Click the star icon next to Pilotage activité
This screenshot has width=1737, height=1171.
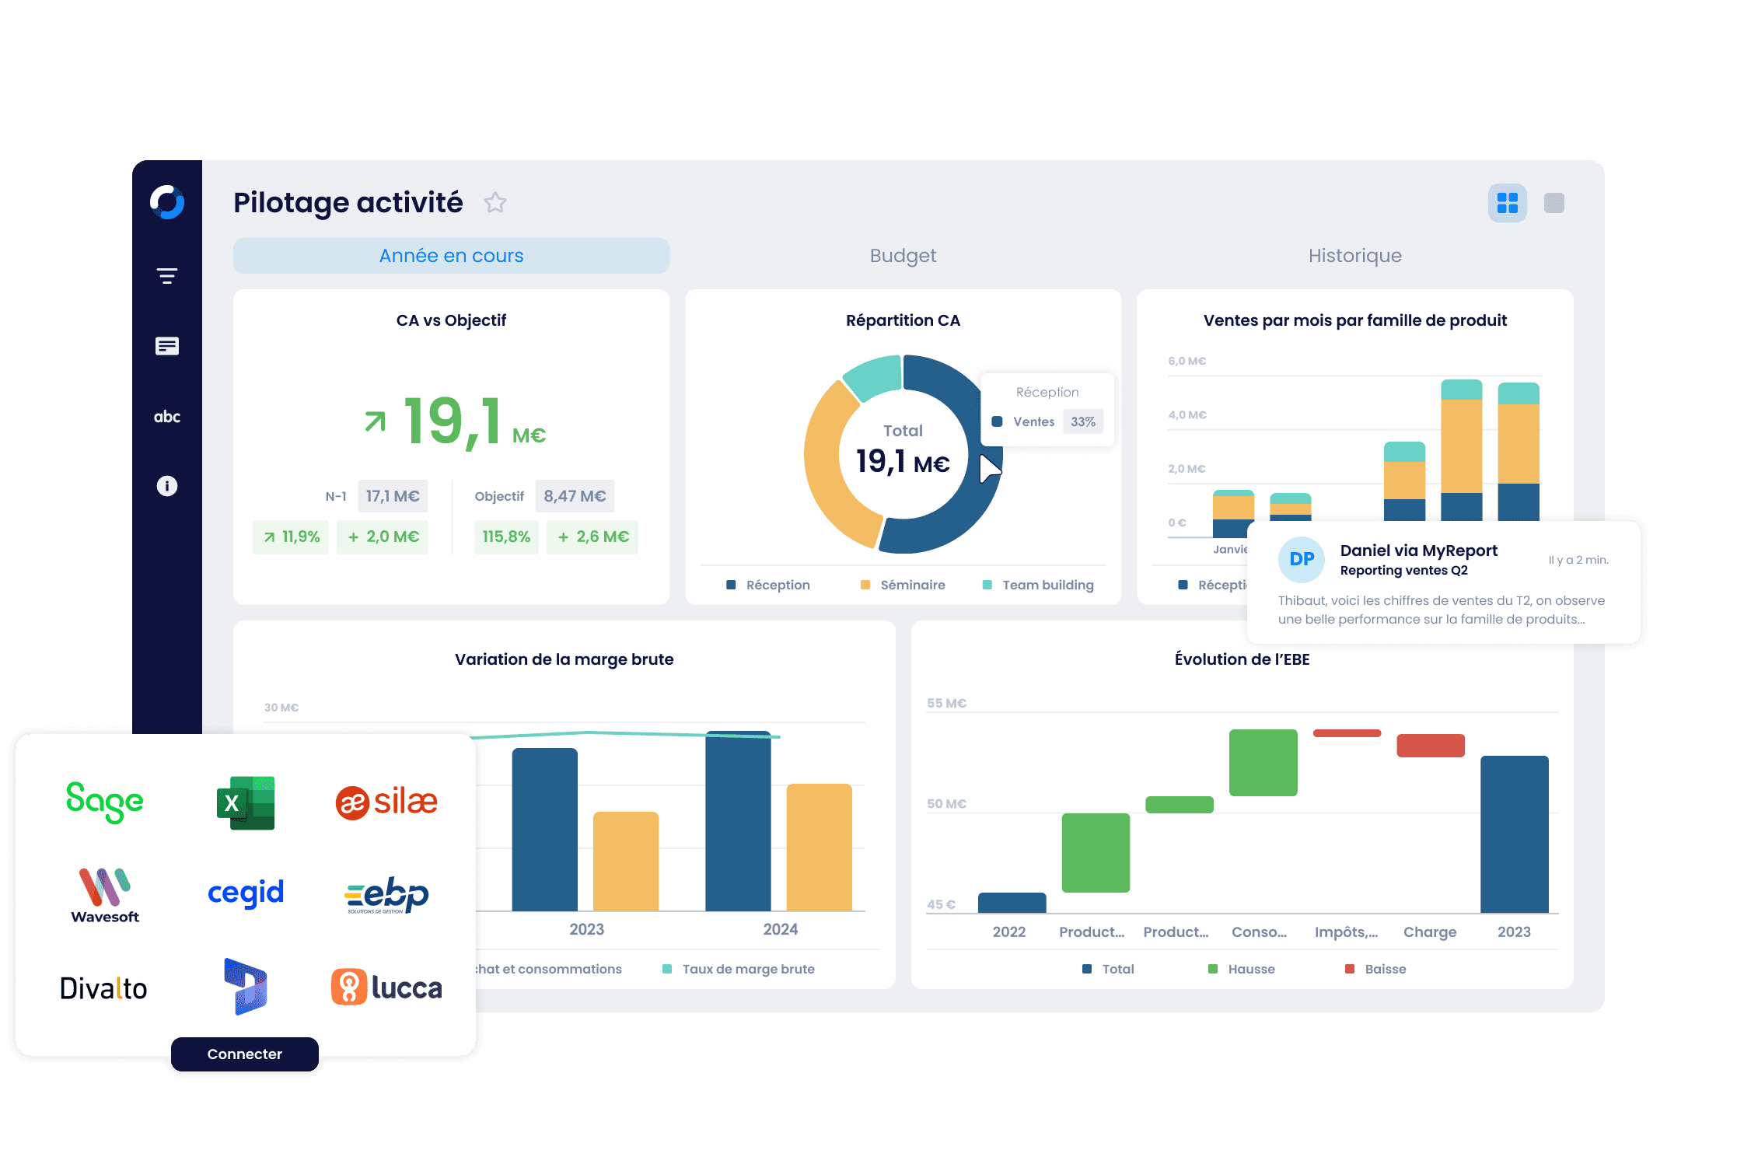tap(495, 203)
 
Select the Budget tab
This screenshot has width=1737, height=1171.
tap(903, 256)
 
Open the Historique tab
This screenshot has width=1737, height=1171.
tap(1354, 256)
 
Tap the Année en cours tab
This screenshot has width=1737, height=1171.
tap(451, 256)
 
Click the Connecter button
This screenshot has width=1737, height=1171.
tap(244, 1054)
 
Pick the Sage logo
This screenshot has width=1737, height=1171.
tap(105, 802)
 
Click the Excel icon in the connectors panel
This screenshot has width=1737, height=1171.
tap(245, 802)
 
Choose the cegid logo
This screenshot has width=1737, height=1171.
tap(246, 893)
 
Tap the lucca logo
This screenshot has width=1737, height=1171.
tap(387, 987)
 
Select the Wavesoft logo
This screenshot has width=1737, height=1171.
tap(105, 895)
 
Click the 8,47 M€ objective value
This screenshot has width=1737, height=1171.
tap(575, 496)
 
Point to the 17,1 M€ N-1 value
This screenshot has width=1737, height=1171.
tap(393, 496)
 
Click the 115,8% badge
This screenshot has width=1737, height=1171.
tap(506, 537)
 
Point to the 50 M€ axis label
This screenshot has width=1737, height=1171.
tap(946, 804)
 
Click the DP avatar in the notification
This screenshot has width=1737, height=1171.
tap(1302, 559)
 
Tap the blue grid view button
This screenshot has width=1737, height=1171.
tap(1507, 203)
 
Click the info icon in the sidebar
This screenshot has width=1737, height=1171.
tap(167, 486)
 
